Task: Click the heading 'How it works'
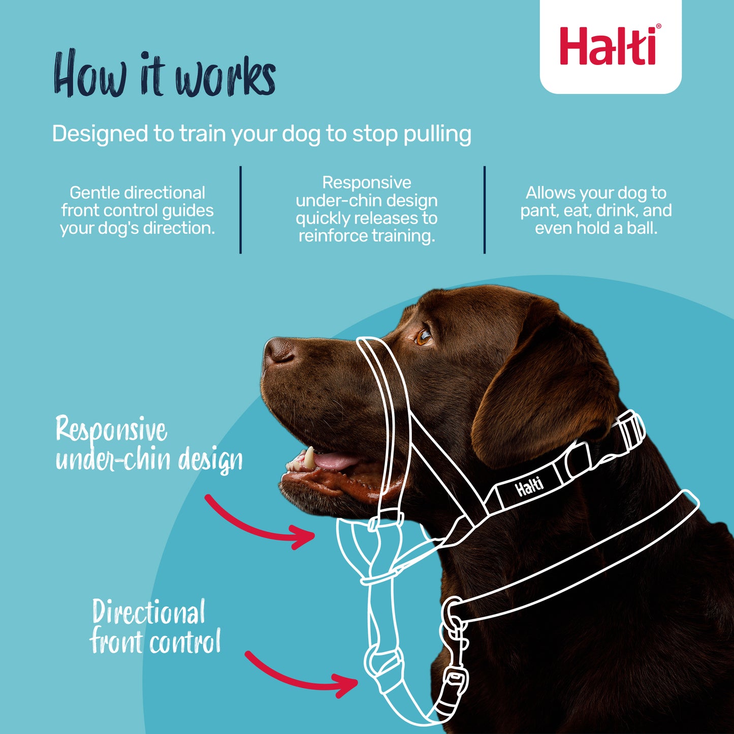click(x=165, y=75)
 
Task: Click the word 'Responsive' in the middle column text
click(x=366, y=183)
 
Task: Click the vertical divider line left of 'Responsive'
click(x=240, y=209)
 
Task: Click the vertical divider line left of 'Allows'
click(x=485, y=209)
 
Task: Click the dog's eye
click(x=423, y=336)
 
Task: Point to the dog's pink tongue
click(x=335, y=461)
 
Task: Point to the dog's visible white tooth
click(x=309, y=457)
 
